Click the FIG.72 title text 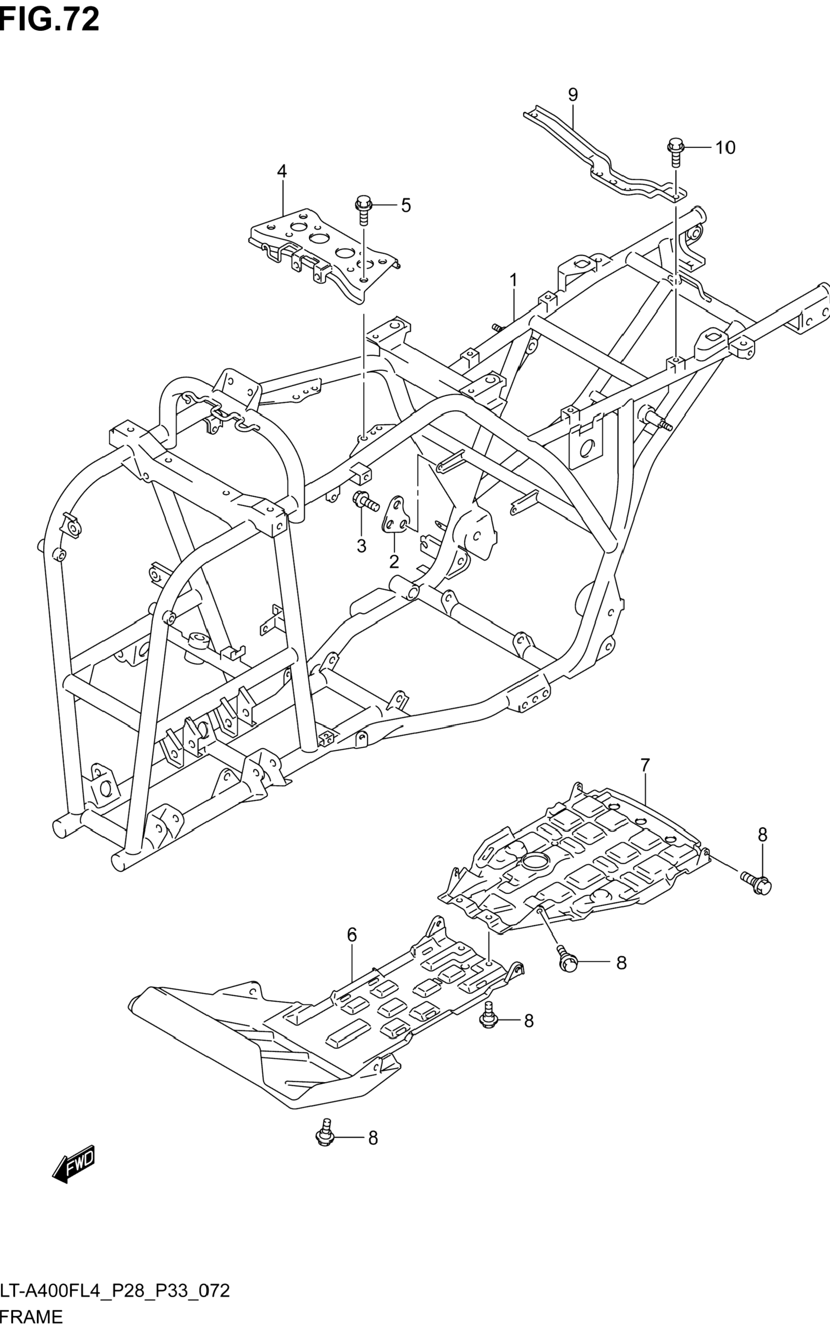[x=50, y=19]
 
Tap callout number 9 [x=572, y=95]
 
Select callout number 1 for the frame [x=513, y=280]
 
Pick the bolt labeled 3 [x=365, y=500]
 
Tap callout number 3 [x=361, y=546]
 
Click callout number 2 [x=394, y=562]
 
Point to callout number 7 [x=645, y=764]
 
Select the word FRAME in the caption [x=32, y=1317]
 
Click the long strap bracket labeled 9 [x=604, y=159]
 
